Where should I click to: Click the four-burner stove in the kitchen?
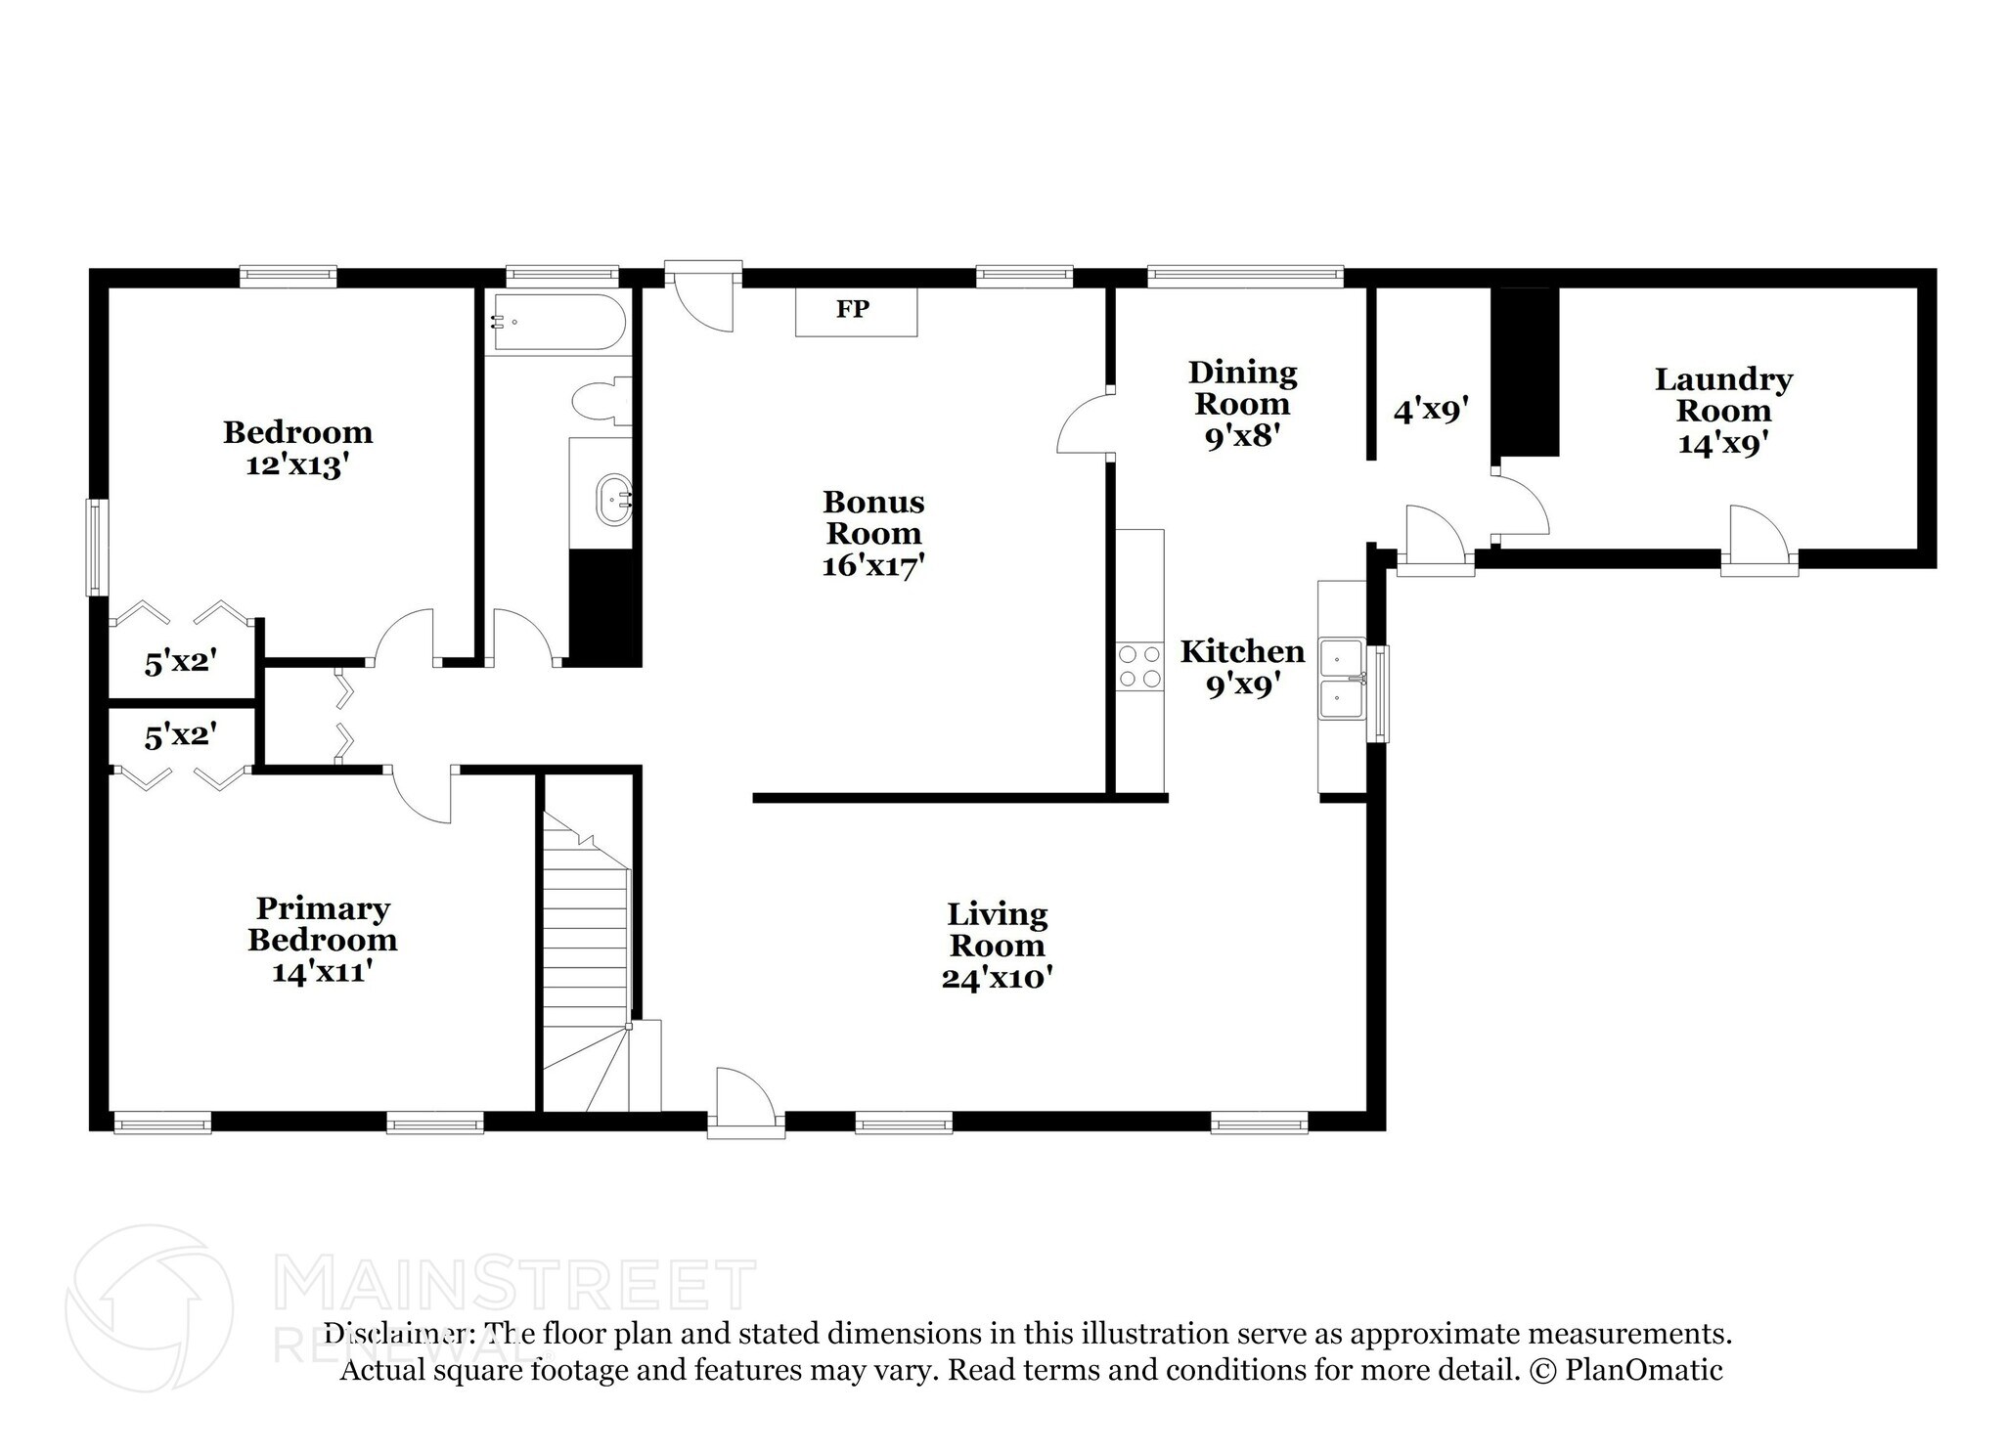click(1140, 666)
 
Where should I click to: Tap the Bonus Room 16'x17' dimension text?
click(873, 565)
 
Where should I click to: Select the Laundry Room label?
click(1723, 394)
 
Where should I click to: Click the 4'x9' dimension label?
click(1432, 410)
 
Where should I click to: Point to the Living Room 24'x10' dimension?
click(997, 977)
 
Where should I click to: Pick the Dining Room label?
click(1242, 387)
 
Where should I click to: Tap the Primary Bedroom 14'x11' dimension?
click(322, 972)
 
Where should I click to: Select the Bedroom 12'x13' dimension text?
click(297, 464)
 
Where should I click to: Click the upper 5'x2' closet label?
click(180, 663)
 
